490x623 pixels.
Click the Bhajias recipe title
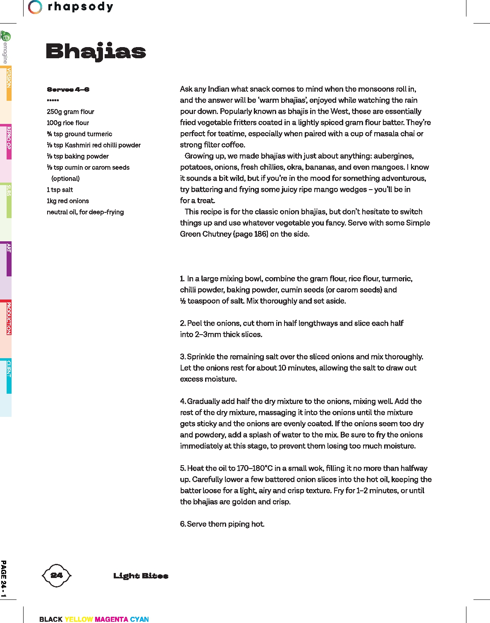click(96, 51)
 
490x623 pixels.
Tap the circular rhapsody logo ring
click(35, 7)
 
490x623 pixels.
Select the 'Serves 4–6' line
click(68, 89)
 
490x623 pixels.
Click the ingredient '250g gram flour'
click(70, 112)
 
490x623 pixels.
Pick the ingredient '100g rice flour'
click(68, 123)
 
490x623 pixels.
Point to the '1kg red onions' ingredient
click(68, 201)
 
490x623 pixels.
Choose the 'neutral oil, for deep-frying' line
click(85, 212)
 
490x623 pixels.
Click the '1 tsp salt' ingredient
click(60, 190)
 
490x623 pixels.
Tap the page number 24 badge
click(57, 575)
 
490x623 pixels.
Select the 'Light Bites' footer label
click(141, 576)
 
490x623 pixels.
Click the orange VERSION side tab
click(8, 83)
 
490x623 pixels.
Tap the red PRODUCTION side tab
click(8, 318)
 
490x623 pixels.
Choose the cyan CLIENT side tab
click(8, 376)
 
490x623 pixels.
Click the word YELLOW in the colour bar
click(79, 619)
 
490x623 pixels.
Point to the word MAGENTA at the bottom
click(111, 619)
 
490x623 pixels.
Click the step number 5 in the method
click(182, 468)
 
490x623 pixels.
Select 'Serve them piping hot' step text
click(225, 524)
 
